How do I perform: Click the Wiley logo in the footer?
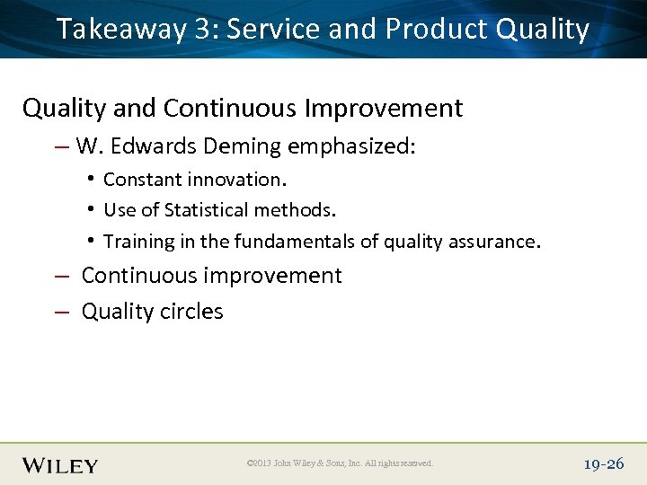tap(60, 464)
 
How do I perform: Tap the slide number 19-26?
tap(603, 463)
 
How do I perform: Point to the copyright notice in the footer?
tap(340, 463)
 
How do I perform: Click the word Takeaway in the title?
tap(120, 29)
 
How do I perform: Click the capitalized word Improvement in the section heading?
tap(384, 108)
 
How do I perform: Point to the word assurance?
tap(497, 241)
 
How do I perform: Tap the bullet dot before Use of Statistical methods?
tap(93, 210)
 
